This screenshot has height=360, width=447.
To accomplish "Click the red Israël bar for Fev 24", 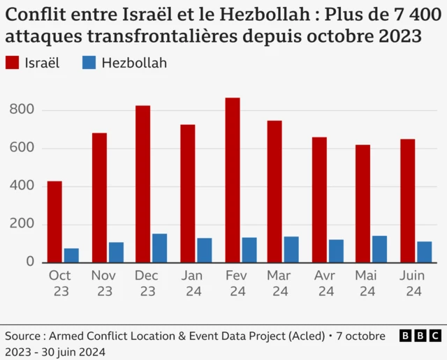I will point(233,180).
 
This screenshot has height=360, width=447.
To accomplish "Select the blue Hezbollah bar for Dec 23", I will point(160,248).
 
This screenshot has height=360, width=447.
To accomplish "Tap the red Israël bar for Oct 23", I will point(54,222).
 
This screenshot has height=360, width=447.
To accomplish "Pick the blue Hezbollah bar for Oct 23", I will point(71,255).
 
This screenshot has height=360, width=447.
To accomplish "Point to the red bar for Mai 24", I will point(362,204).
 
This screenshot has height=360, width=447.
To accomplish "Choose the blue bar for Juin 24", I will point(425,252).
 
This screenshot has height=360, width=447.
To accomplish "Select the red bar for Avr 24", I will point(319,200).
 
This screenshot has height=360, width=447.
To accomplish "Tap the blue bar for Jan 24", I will point(204,250).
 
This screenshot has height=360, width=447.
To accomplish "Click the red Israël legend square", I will point(12,63).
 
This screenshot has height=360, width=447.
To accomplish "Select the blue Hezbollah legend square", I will point(89,63).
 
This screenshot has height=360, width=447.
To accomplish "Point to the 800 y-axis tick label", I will point(22,110).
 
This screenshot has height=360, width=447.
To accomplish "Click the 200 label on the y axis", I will point(22,225).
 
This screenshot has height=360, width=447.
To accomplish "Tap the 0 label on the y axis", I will point(29,262).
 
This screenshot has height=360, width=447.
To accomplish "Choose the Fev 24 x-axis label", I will point(236,283).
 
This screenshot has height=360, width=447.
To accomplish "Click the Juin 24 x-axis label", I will point(412,283).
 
